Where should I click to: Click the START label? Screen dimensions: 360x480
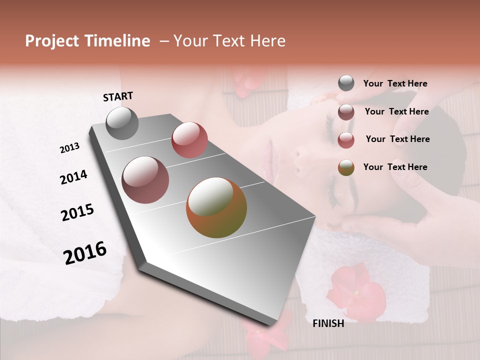(x=118, y=96)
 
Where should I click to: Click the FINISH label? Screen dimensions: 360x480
(x=328, y=323)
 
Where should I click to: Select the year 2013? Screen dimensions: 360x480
(x=69, y=148)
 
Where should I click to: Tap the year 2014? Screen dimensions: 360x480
(x=73, y=177)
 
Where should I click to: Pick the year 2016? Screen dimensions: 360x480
(x=85, y=253)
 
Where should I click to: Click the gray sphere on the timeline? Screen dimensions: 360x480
(x=122, y=123)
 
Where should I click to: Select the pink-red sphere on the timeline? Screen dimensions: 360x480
(x=189, y=140)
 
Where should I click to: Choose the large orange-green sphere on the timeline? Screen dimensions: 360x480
(x=216, y=207)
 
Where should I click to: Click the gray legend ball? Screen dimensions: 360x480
(x=346, y=83)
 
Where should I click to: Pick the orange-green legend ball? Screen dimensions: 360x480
(x=346, y=167)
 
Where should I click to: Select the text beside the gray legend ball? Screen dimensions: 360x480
(x=395, y=84)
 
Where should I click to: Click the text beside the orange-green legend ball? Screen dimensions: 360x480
(x=395, y=167)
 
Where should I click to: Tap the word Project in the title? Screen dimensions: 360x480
(x=52, y=41)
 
